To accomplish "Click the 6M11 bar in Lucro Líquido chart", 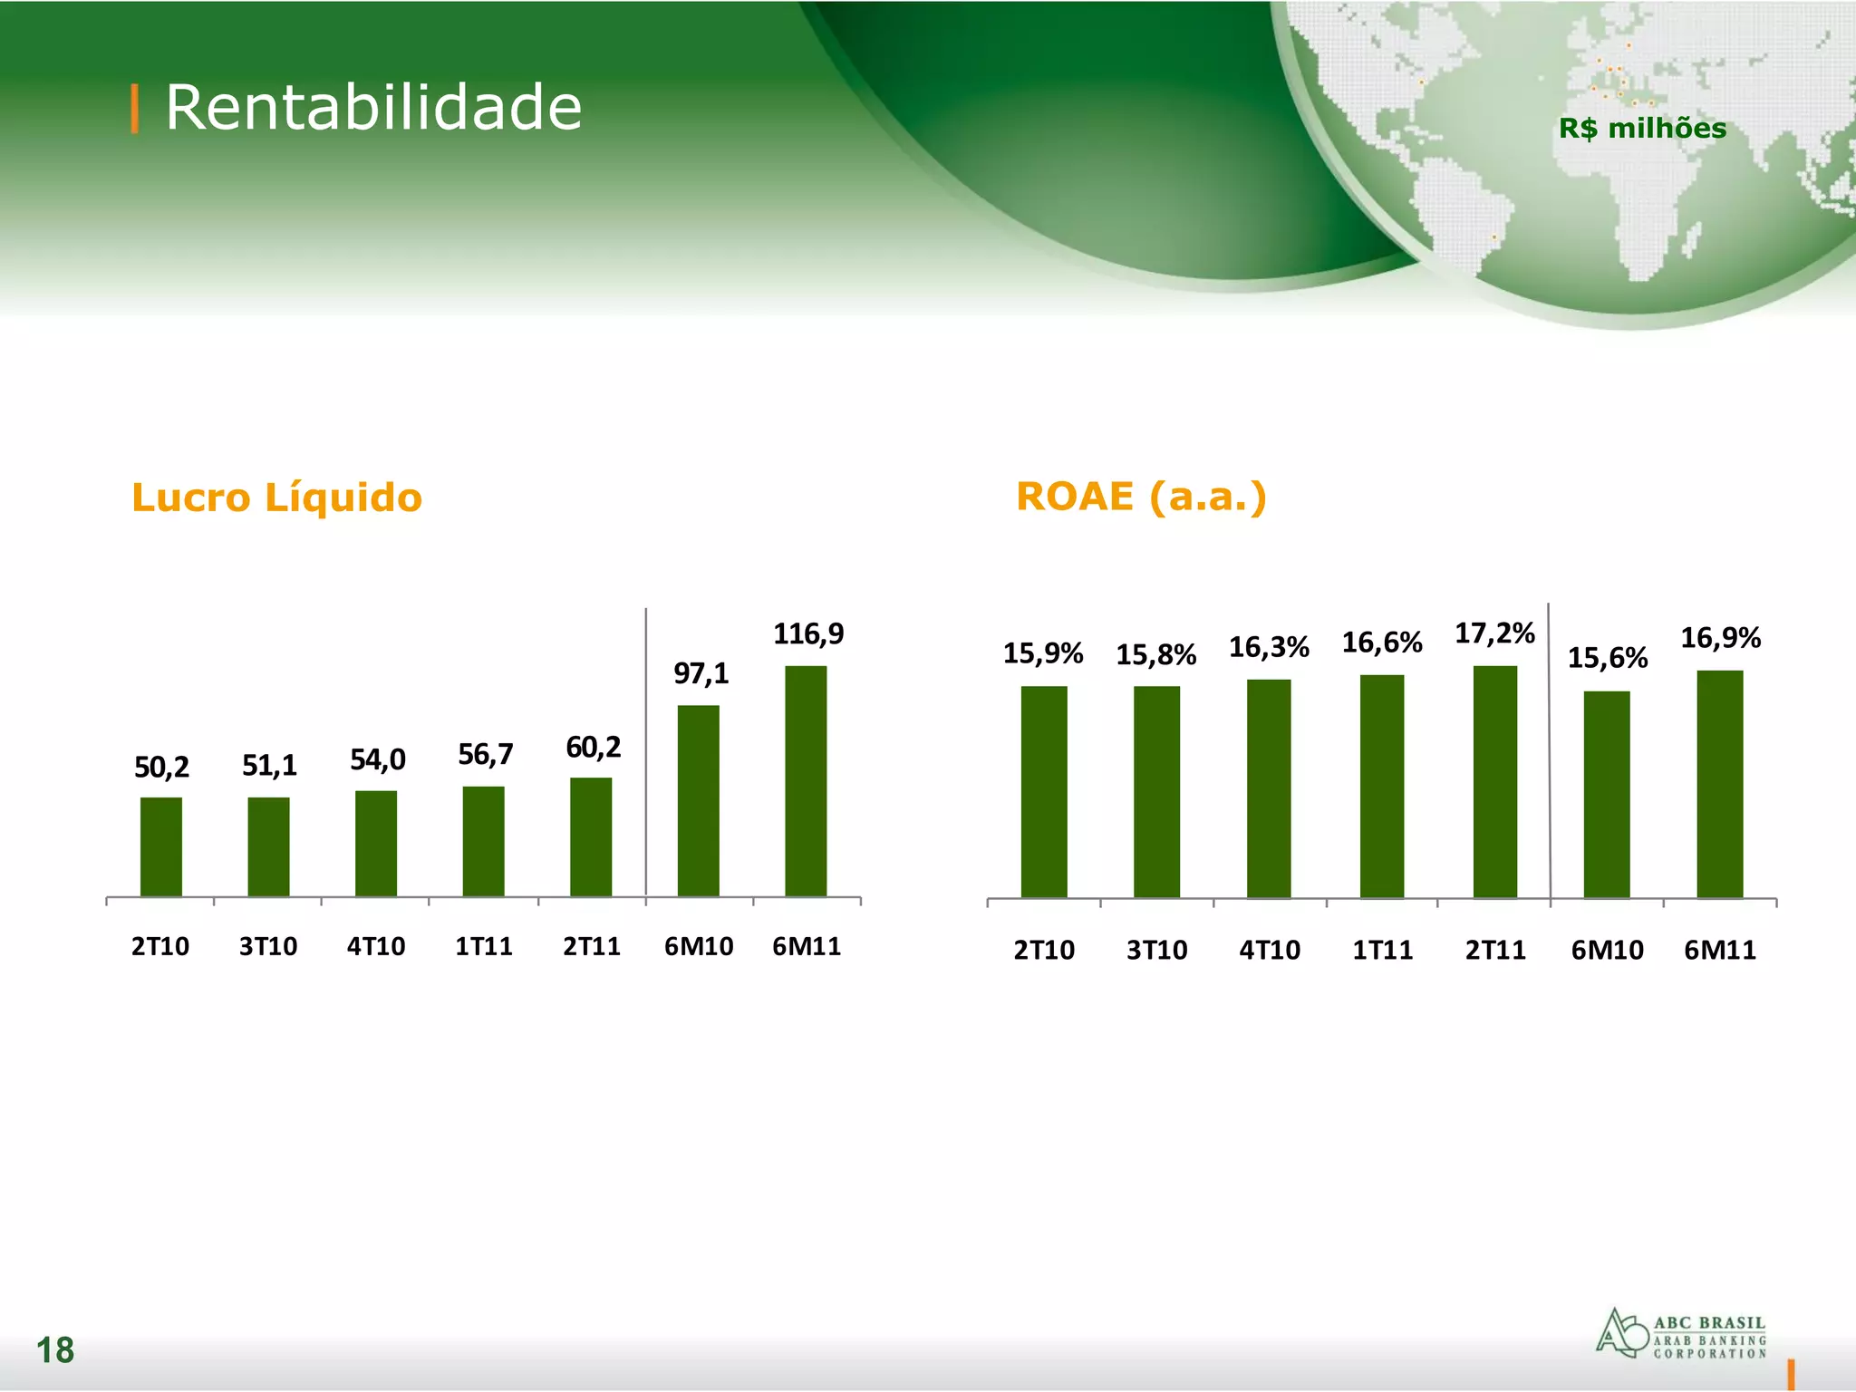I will pos(806,781).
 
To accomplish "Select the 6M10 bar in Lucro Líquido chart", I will pos(698,801).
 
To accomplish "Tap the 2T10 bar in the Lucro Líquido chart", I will pos(160,847).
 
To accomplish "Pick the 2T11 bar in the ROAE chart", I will pos(1494,782).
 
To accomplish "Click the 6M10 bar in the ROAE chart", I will pos(1606,795).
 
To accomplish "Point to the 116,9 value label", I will pos(807,633).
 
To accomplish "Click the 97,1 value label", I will pos(701,673).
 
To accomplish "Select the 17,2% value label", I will pos(1494,633).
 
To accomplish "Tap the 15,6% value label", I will pos(1607,657).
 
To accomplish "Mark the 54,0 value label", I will pos(377,759).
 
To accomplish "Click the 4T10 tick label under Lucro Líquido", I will pos(376,946).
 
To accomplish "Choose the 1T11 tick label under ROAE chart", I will pos(1382,950).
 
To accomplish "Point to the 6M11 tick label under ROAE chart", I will pos(1719,950).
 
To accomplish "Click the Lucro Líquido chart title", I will pos(276,498).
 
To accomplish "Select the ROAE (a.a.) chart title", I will pos(1141,497).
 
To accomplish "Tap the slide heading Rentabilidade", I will pos(372,107).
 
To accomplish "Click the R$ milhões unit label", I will pos(1642,129).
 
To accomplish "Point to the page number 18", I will pos(54,1349).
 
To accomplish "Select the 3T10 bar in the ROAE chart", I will pos(1156,792).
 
